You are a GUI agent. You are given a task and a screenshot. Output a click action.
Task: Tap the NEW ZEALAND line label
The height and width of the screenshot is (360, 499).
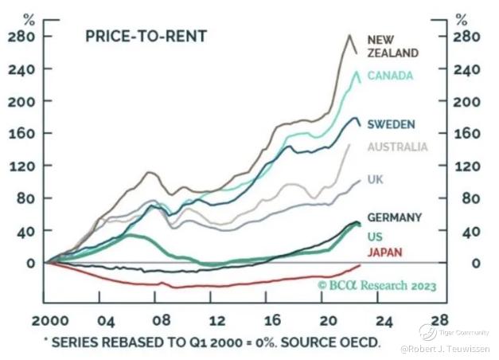point(392,45)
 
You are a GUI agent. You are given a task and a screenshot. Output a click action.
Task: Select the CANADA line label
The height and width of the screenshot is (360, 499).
point(392,76)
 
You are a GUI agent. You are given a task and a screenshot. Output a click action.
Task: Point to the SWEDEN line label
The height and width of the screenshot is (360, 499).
point(390,125)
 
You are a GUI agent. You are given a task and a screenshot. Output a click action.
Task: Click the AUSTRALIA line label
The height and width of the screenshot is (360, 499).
point(396,147)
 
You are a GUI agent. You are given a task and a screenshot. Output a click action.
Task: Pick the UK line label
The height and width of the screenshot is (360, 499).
point(376,180)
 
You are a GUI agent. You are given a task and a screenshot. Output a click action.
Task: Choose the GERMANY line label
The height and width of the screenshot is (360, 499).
point(395,217)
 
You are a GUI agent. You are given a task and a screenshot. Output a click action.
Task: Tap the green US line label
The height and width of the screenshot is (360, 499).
point(375,237)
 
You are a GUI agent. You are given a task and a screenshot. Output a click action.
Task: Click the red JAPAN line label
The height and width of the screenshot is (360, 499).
point(384,252)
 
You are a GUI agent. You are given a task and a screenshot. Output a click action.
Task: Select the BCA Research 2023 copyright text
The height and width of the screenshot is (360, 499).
point(376,285)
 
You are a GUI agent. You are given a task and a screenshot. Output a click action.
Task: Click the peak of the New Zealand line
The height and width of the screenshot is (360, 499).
point(349,35)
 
